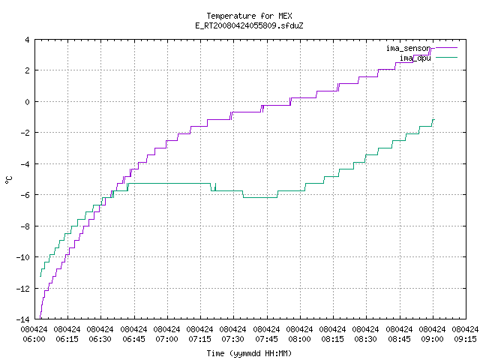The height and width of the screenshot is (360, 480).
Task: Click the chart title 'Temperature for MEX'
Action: coord(249,16)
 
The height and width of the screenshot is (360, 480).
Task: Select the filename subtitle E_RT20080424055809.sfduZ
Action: coord(249,25)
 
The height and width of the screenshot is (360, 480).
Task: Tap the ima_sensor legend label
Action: coord(408,48)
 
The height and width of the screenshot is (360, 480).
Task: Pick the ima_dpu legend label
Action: coord(415,58)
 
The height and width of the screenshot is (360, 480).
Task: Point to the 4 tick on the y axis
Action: coord(27,40)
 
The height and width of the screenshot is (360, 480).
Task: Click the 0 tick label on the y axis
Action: coord(27,102)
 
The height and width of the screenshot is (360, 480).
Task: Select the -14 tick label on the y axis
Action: coord(23,319)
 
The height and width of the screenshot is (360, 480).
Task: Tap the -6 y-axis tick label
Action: coord(25,195)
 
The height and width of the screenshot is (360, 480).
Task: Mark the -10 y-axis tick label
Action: coord(23,257)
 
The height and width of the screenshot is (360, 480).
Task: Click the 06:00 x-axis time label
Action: coord(34,339)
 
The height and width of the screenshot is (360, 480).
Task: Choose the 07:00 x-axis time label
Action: coord(166,339)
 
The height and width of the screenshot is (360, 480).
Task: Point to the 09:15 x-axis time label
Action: coord(465,339)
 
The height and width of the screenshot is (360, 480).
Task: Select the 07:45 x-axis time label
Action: coord(266,339)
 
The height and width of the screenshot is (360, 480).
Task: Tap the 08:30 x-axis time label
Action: coord(365,339)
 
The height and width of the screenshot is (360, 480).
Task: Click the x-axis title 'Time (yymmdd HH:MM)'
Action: coord(249,353)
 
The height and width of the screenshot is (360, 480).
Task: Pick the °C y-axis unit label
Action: coord(8,180)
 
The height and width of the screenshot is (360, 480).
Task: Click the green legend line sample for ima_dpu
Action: coord(446,57)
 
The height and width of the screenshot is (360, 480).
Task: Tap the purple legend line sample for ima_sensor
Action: coord(446,48)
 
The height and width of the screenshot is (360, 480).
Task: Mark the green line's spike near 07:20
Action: coord(215,187)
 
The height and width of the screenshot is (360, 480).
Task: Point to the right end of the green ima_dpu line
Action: coord(434,120)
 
